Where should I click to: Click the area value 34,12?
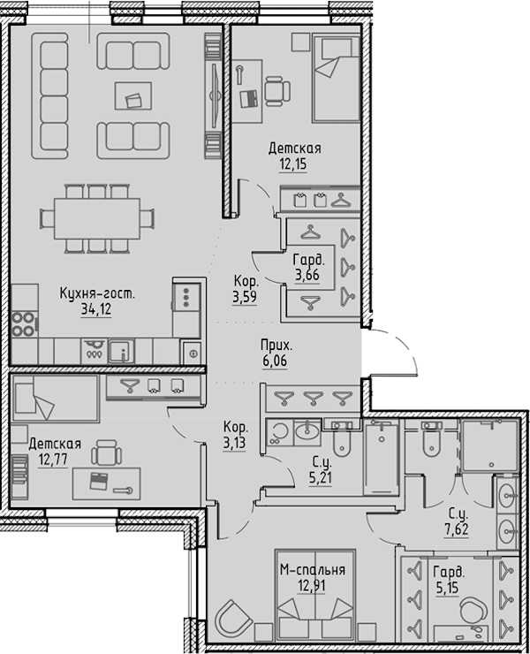pos(96,309)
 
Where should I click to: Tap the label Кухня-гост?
pos(97,293)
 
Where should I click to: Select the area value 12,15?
pos(292,163)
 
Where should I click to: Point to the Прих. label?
pos(276,346)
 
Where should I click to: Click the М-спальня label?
pos(313,570)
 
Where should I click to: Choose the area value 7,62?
pos(457,529)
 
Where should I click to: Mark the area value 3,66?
pos(307,275)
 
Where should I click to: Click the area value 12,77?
pos(52,460)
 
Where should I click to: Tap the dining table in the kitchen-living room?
pos(97,218)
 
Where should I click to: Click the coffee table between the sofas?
pos(133,95)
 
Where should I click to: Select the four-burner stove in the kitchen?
pos(24,324)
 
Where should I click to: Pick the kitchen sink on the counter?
pos(121,351)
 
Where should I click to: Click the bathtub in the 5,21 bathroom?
pos(381,457)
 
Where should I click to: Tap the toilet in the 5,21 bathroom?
pos(343,438)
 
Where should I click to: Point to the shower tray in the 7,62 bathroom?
pos(490,445)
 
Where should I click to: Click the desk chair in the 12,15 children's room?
pos(276,90)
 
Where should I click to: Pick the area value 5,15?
pos(447,588)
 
